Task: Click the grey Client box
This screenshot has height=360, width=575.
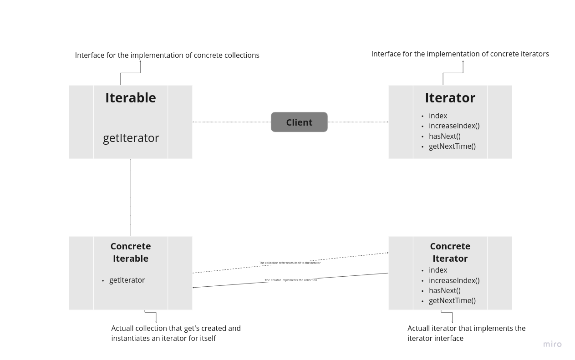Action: tap(299, 122)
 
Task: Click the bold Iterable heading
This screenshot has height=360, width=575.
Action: tap(131, 98)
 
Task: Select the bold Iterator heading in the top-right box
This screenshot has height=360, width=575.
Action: tap(450, 98)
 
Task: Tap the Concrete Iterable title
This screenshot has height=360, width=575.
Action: tap(131, 252)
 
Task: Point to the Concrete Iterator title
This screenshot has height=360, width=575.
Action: tap(450, 252)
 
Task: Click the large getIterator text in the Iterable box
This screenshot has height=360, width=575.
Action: tap(131, 138)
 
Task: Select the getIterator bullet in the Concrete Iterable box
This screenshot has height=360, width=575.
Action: tap(127, 280)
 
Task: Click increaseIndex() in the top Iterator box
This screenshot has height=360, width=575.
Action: tap(454, 126)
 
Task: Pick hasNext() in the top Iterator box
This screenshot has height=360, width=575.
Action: tap(444, 136)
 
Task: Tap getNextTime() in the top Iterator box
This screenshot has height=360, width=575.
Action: tap(452, 146)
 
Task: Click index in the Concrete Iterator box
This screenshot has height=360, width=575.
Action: tap(438, 270)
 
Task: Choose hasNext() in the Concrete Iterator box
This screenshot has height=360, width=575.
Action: tap(444, 290)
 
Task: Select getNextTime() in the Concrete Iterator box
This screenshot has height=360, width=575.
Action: tap(452, 300)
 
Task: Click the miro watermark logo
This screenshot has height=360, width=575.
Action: tap(552, 344)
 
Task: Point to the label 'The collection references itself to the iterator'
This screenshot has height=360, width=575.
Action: tap(290, 263)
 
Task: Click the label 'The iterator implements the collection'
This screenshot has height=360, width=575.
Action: tap(291, 280)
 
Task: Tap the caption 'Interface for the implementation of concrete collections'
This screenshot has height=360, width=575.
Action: tap(167, 55)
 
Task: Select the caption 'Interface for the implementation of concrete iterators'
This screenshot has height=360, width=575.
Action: tap(460, 54)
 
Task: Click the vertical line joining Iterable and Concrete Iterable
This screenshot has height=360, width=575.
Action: tap(131, 198)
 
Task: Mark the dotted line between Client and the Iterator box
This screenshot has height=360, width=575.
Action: tap(358, 122)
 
